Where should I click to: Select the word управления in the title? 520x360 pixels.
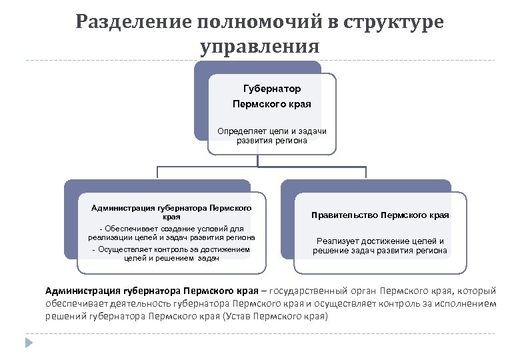(259, 47)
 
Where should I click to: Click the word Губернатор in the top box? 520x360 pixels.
(272, 89)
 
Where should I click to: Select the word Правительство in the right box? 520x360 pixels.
(350, 215)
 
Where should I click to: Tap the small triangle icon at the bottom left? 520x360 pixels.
(29, 343)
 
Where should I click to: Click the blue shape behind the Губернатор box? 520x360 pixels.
(201, 100)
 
